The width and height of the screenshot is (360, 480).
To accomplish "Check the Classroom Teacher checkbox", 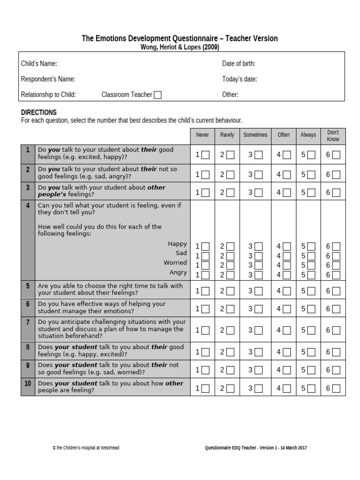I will (x=157, y=95).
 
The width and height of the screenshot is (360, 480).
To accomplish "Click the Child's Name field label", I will (x=39, y=64).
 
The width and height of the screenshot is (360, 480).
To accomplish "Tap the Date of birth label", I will (x=239, y=64).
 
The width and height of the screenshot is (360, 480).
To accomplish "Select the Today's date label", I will (x=239, y=79).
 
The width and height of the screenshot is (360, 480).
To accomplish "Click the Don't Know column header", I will (x=333, y=135).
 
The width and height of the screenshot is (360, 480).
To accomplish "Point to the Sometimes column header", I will (x=255, y=135).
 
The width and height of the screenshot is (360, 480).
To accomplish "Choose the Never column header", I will (x=202, y=135).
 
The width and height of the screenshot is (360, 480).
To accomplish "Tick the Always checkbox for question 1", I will (x=311, y=155).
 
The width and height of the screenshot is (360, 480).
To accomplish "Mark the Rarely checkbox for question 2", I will (x=230, y=175).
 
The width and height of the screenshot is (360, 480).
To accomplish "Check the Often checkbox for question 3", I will (x=286, y=192).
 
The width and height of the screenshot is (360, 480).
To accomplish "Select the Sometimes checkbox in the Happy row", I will (x=258, y=247).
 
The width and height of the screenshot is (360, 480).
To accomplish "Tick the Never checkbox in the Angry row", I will (x=205, y=275).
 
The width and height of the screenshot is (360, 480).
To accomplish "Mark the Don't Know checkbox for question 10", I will (x=336, y=389).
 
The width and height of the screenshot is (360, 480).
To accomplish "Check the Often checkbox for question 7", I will (x=286, y=330).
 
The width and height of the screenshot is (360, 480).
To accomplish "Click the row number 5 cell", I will (x=28, y=286).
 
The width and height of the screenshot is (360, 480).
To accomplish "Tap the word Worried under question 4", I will (x=175, y=262).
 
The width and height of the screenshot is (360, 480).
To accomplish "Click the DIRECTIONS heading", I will (x=39, y=112).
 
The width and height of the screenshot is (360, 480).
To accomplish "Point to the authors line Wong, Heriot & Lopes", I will (x=180, y=47).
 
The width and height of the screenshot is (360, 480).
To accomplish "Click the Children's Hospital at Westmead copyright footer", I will (x=86, y=448).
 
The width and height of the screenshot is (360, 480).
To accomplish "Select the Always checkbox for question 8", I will (x=311, y=352).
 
